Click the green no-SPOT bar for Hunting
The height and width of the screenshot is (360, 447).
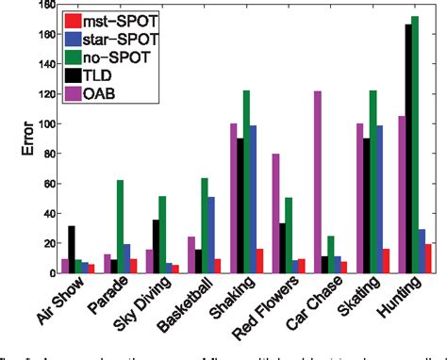tap(415, 141)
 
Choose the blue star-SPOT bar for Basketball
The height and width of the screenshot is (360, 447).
tap(211, 235)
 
